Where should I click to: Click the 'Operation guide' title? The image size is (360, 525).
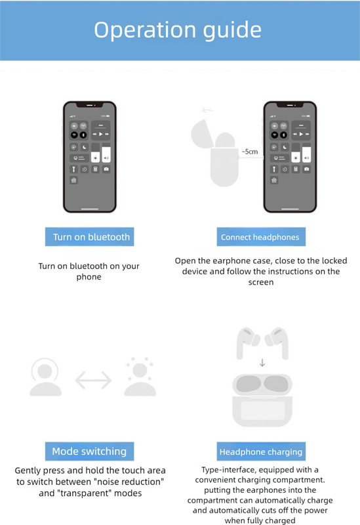point(178,30)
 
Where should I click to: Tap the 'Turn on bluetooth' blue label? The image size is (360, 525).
point(89,237)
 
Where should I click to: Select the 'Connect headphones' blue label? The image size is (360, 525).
point(260,238)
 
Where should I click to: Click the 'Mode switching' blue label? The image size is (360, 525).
point(89,451)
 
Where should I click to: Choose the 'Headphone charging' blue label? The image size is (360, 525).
point(260,452)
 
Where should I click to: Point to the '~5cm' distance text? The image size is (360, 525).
point(250,152)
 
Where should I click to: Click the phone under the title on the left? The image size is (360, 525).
point(89,157)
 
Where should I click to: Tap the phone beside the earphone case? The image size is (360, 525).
point(289,157)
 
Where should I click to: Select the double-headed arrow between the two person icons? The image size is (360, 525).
point(93,379)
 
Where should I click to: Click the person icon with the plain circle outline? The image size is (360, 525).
point(45,377)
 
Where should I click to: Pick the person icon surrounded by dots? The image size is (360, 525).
point(140,377)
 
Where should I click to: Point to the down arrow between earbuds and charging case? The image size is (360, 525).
point(262,362)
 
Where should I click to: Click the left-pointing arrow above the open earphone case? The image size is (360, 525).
point(207,110)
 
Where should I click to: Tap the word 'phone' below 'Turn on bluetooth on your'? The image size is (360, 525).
point(89,277)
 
